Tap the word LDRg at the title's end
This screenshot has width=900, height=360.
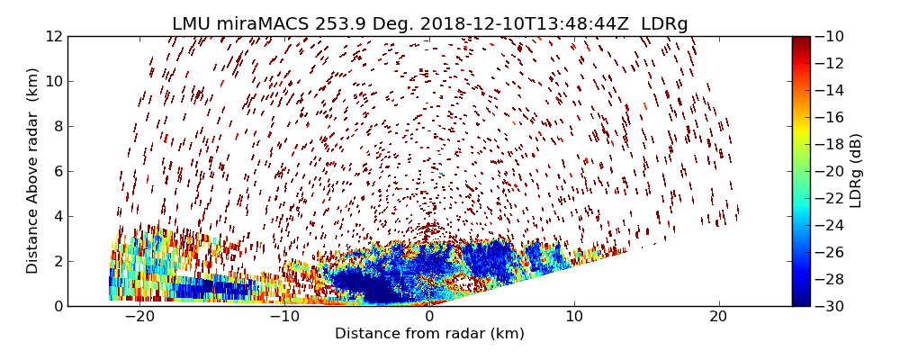tap(664, 24)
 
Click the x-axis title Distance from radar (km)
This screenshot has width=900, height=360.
tap(429, 334)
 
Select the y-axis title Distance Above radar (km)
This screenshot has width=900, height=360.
tap(33, 170)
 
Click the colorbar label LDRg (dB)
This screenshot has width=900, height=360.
tap(856, 170)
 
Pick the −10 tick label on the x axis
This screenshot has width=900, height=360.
tap(283, 317)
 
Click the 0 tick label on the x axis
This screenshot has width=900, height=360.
tap(429, 317)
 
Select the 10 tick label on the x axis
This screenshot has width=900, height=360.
tap(574, 317)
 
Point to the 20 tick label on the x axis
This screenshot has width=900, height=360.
tap(718, 317)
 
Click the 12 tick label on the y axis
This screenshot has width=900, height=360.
tap(52, 37)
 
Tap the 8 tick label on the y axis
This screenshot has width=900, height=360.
tap(56, 127)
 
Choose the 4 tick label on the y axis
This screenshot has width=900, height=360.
tap(56, 216)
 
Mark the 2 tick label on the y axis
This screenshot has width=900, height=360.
tap(56, 261)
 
